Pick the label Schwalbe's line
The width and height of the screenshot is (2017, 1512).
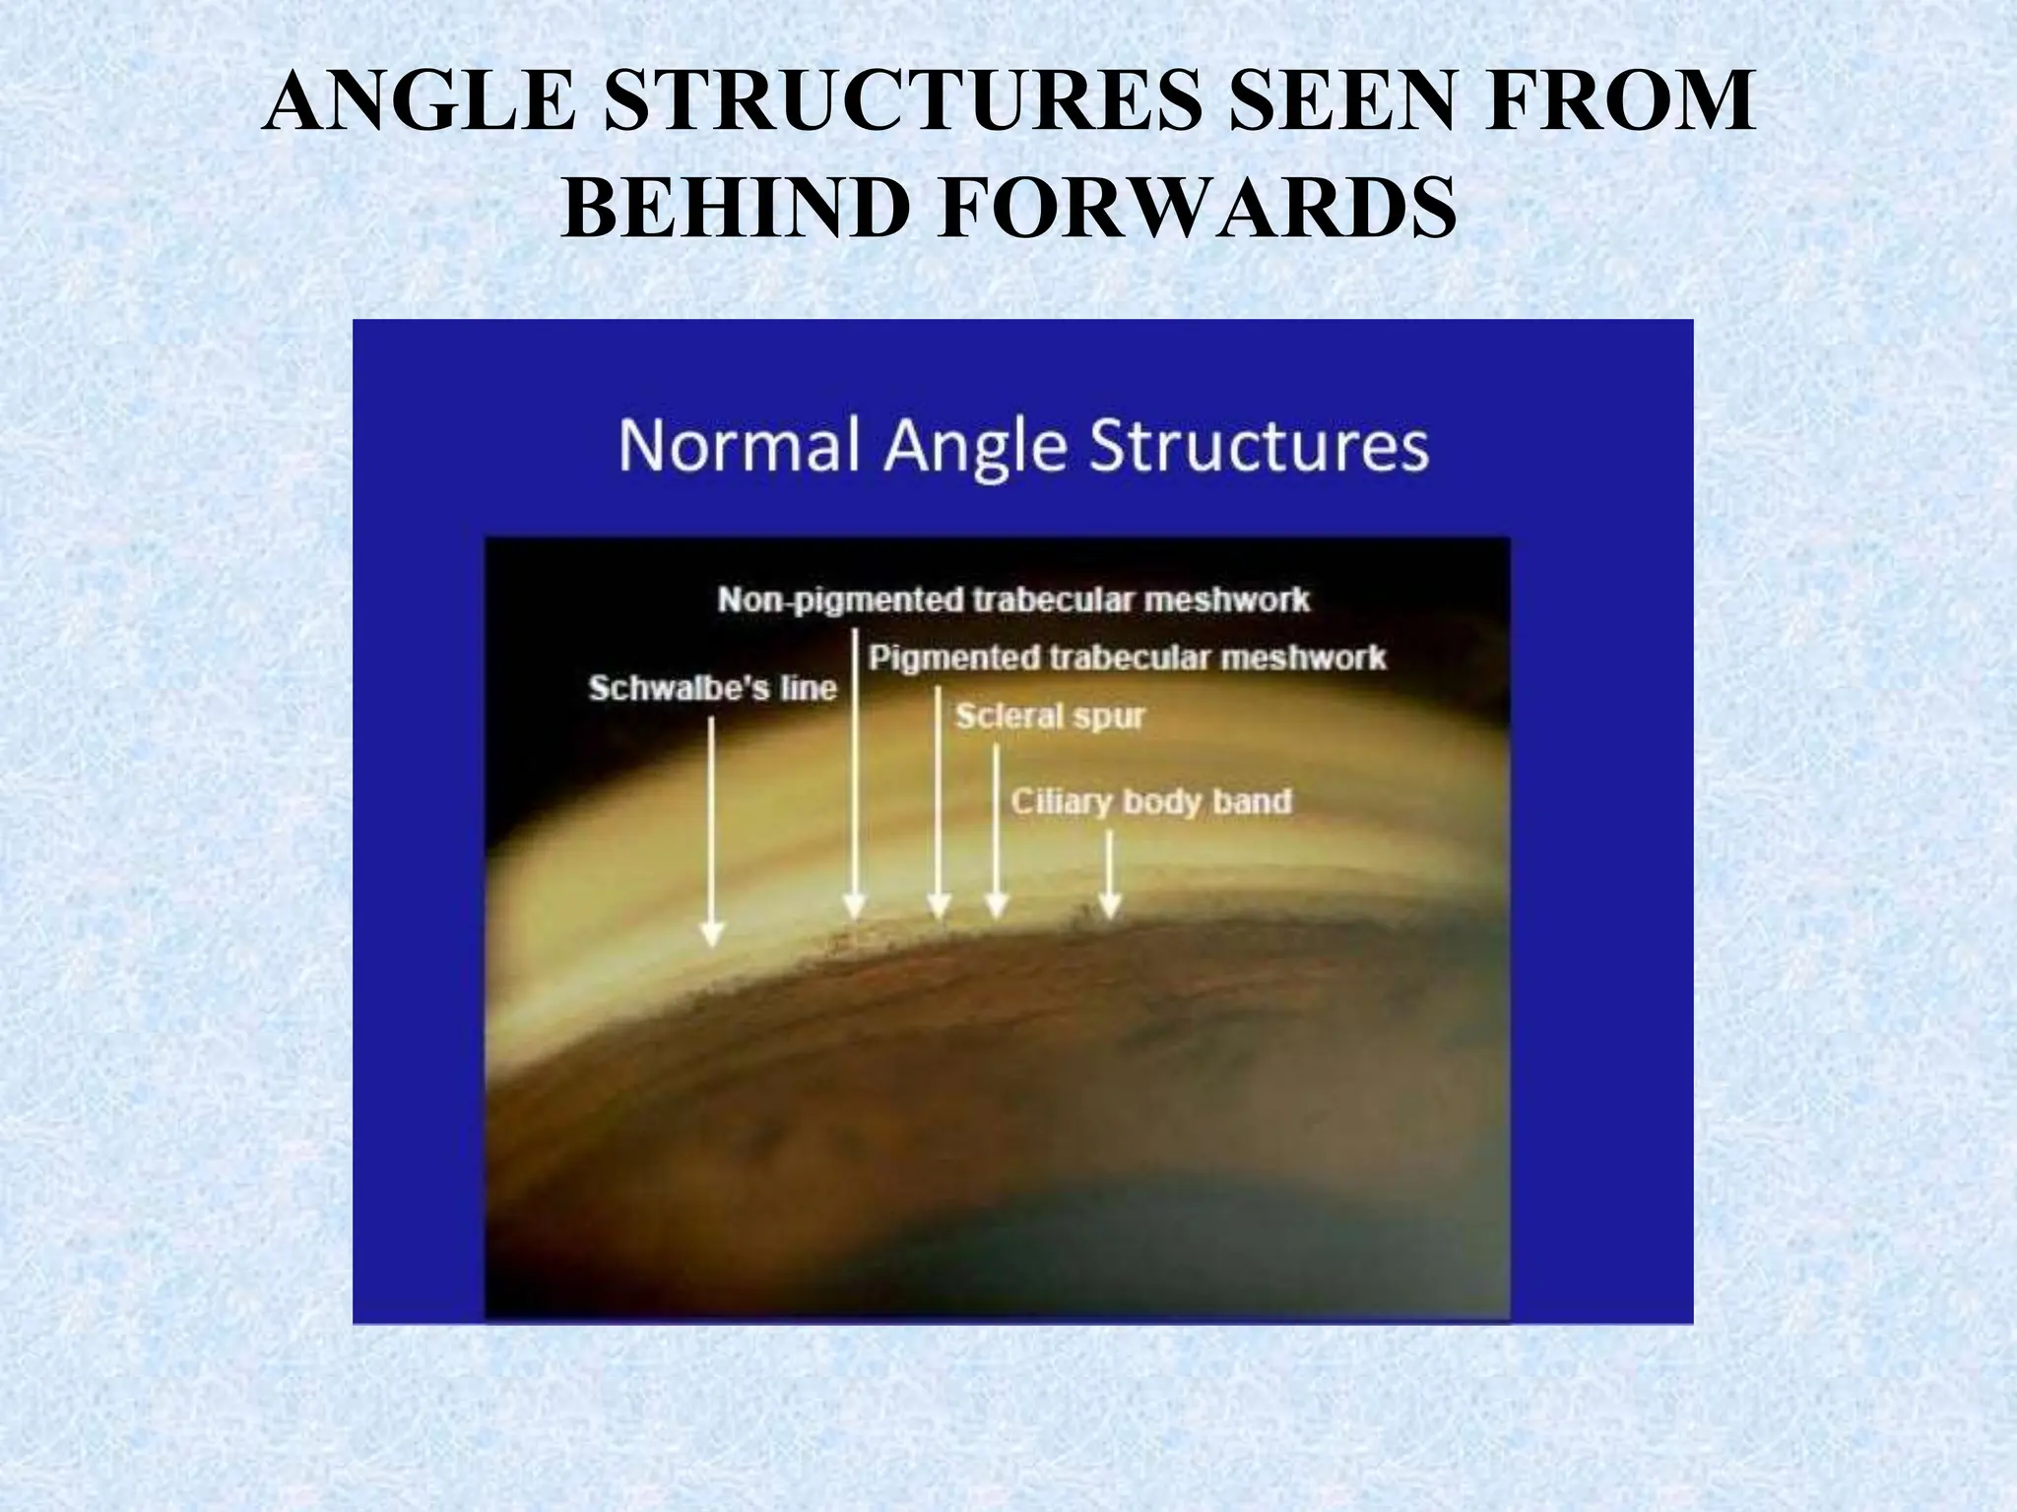(x=712, y=688)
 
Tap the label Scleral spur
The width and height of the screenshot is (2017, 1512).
(x=1050, y=717)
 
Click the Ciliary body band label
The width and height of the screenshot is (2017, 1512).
(x=1150, y=802)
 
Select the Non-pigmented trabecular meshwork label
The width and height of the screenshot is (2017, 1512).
(x=1013, y=599)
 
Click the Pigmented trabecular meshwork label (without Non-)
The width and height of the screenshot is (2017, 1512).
(x=1127, y=658)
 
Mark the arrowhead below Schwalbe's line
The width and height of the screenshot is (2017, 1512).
(x=712, y=935)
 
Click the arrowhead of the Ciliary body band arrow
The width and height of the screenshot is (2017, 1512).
(x=1110, y=907)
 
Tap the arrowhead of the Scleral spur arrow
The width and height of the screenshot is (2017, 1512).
(x=997, y=907)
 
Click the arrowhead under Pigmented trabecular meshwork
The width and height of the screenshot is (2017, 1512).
(x=939, y=907)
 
